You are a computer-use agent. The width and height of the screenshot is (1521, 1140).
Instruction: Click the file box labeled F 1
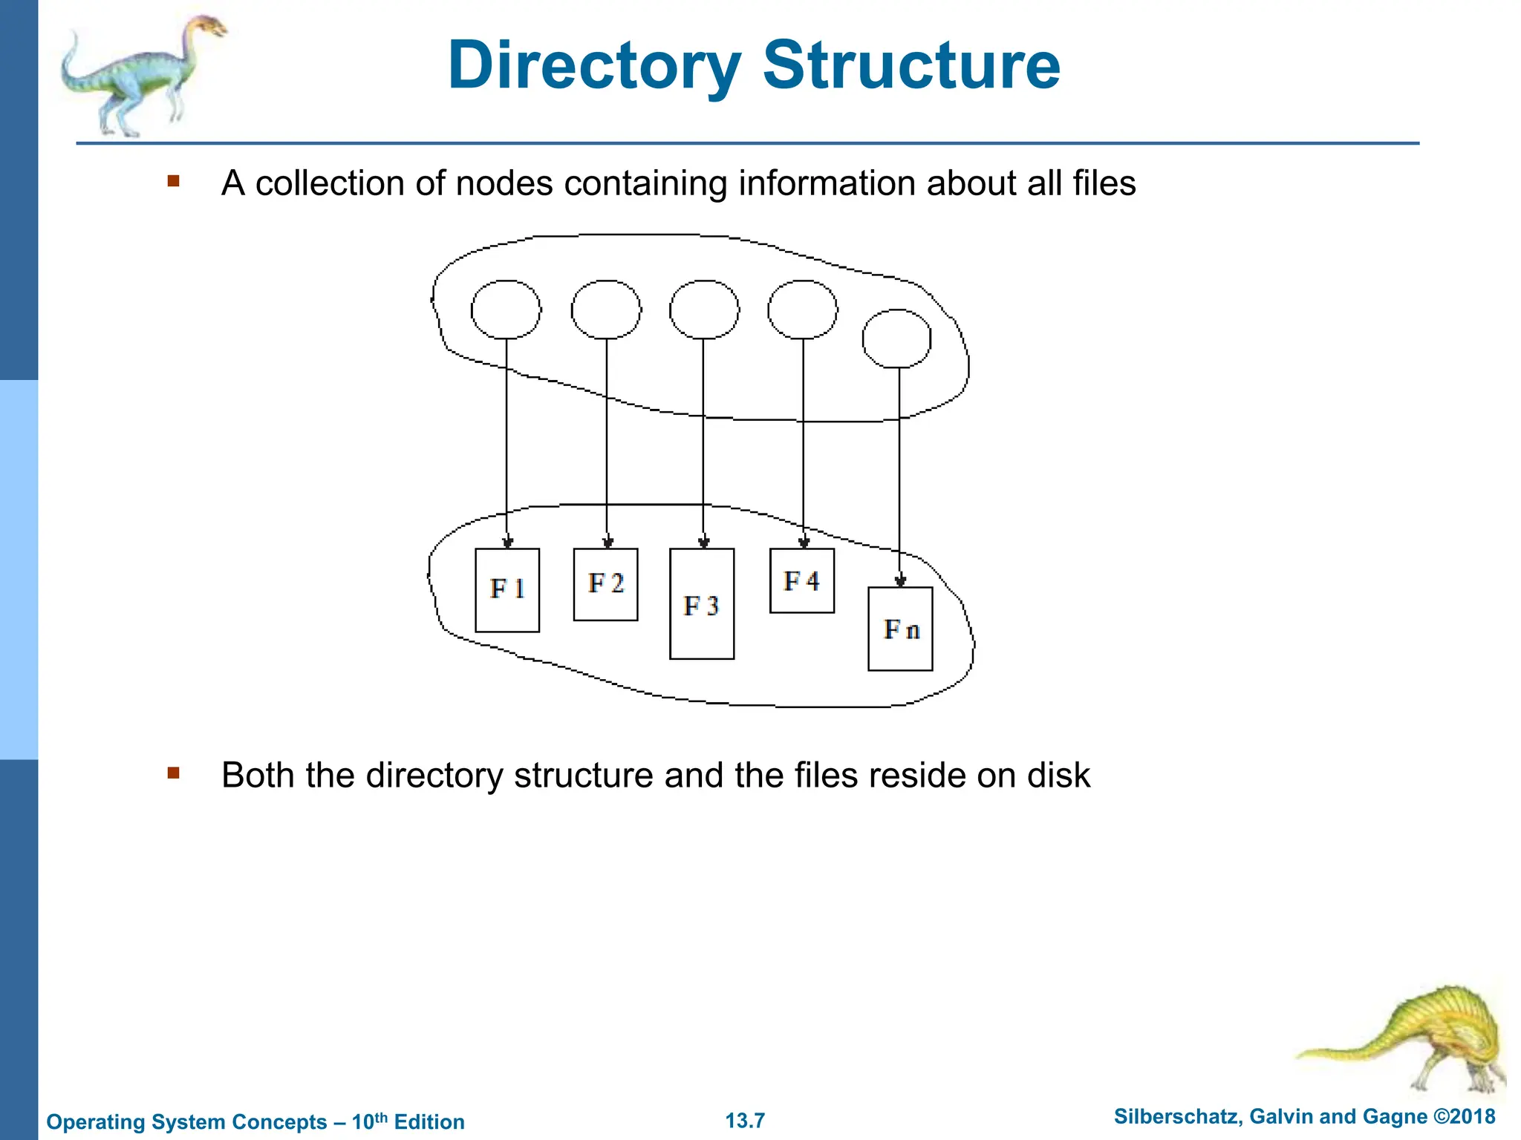[507, 590]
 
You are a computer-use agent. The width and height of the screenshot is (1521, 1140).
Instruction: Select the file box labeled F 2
[605, 584]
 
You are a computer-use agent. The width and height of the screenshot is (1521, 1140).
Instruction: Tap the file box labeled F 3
[702, 603]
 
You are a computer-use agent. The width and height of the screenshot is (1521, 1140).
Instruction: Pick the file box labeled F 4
[802, 580]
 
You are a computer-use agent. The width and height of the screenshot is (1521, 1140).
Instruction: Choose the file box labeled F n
[900, 629]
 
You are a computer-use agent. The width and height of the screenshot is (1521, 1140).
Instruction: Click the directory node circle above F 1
[506, 309]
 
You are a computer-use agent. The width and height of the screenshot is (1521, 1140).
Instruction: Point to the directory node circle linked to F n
[897, 338]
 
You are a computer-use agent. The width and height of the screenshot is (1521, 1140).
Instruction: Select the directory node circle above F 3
[704, 309]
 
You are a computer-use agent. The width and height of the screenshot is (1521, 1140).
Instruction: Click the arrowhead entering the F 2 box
[608, 542]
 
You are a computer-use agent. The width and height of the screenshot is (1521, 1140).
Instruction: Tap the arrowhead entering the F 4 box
[804, 542]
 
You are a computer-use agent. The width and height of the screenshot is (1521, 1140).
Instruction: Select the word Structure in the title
[911, 65]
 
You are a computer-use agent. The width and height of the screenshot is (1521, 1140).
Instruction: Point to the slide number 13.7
[745, 1120]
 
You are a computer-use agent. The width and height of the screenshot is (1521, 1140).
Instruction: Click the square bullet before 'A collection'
[174, 181]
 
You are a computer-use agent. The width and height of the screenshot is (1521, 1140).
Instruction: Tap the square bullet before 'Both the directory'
[174, 773]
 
